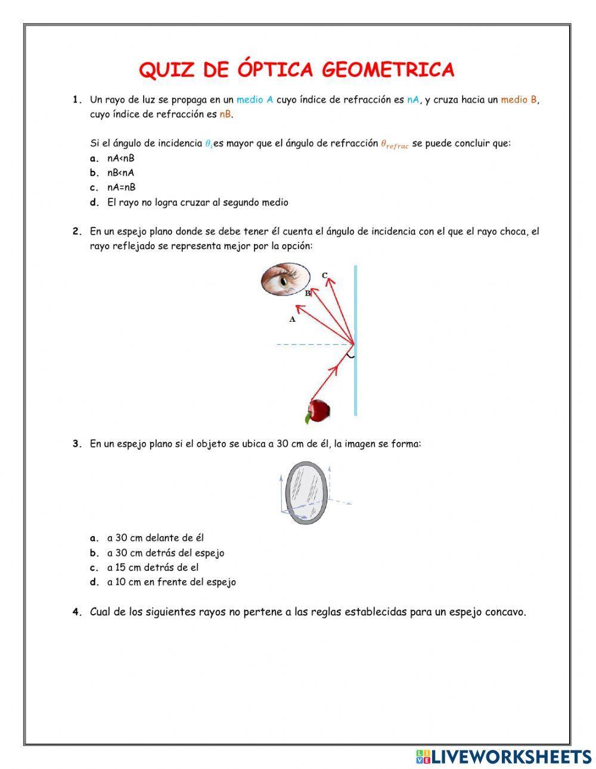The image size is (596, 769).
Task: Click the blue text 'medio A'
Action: [254, 100]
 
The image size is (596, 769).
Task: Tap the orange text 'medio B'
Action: [519, 100]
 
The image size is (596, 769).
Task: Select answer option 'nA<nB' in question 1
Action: [120, 158]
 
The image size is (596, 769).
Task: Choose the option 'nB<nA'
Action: [120, 173]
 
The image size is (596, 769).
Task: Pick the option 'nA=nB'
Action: [121, 187]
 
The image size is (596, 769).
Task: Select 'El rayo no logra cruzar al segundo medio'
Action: [197, 203]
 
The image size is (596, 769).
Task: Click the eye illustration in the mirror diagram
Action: [285, 279]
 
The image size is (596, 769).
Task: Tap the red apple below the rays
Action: [319, 410]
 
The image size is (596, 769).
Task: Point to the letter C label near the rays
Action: [325, 275]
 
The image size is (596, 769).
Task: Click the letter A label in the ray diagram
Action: [292, 319]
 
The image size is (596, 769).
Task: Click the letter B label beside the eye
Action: [308, 293]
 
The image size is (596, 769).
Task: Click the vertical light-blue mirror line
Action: [356, 381]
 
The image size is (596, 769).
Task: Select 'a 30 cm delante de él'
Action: [156, 538]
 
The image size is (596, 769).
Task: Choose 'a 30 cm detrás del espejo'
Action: [166, 553]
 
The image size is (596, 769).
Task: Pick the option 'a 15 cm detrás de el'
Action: [153, 568]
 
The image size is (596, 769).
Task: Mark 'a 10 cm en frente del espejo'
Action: [171, 582]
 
